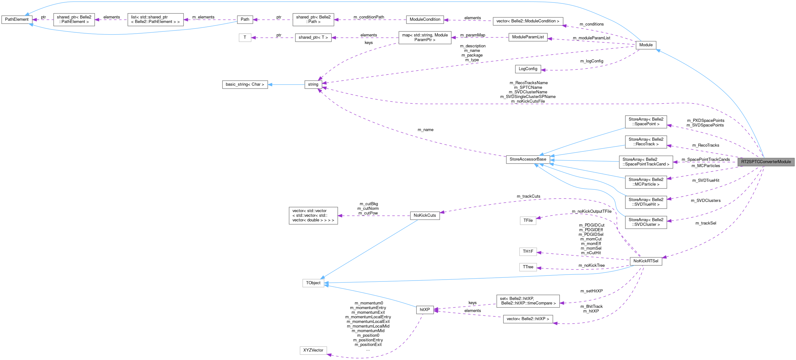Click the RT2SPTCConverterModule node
tap(766, 162)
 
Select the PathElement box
tap(17, 19)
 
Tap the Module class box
tap(646, 45)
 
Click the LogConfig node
tap(528, 69)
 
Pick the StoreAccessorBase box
tap(528, 159)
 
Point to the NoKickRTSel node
tap(646, 261)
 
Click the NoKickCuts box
tap(425, 215)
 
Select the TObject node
tap(313, 283)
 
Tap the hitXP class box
tap(425, 309)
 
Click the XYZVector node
tap(313, 350)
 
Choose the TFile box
tap(528, 221)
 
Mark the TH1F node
tap(528, 252)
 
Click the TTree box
tap(528, 267)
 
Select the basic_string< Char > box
tap(245, 85)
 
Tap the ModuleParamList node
tap(528, 37)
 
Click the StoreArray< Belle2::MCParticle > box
tap(646, 182)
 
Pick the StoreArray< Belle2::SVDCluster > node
tap(646, 222)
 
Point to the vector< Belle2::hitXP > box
tap(528, 319)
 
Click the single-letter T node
tap(245, 37)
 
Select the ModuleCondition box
tap(425, 19)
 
